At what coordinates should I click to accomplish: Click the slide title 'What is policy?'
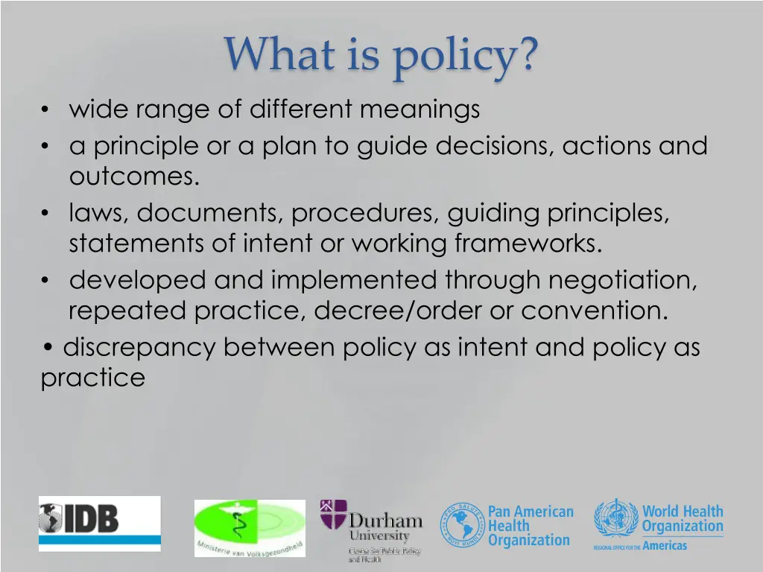click(381, 55)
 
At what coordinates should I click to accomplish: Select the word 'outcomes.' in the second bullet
click(135, 177)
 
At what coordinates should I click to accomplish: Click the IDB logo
click(99, 523)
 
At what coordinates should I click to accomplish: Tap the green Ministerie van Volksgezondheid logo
click(250, 527)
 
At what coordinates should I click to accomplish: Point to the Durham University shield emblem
click(333, 515)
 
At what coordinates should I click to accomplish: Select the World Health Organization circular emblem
click(616, 520)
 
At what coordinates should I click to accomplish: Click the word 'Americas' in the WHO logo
click(665, 545)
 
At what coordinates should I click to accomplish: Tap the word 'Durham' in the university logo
click(385, 520)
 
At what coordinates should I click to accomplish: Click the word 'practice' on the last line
click(92, 378)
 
